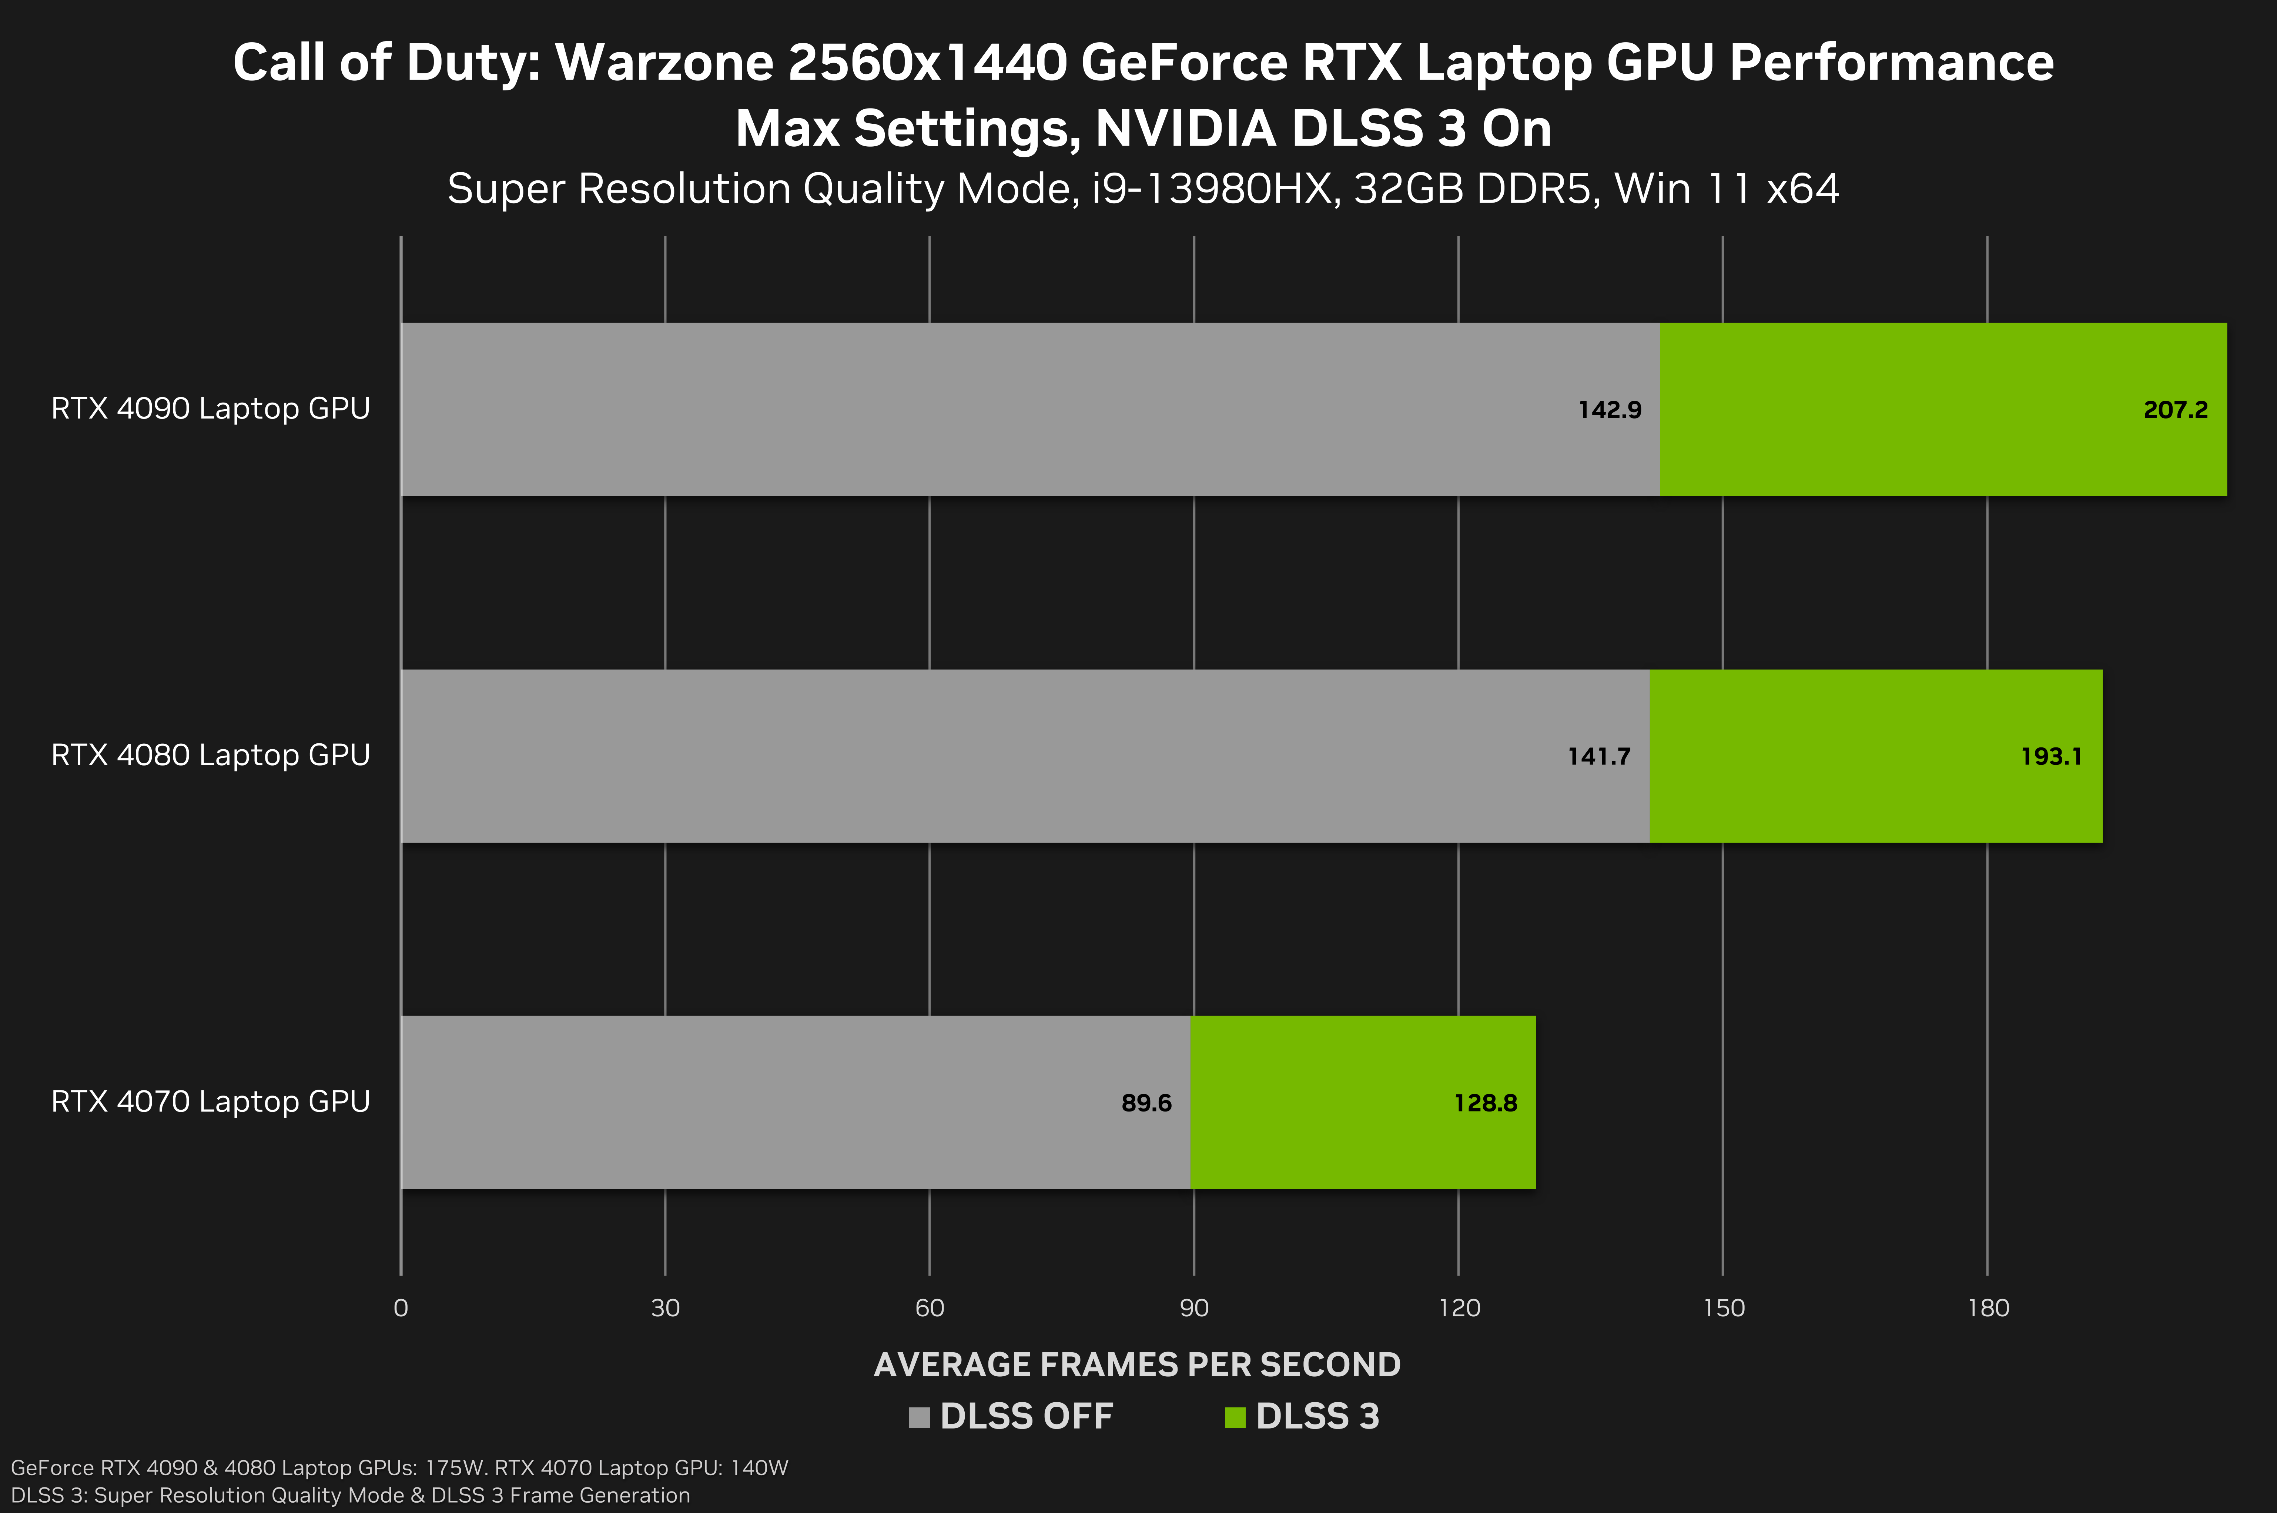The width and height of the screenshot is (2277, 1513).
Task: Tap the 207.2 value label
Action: click(x=2175, y=410)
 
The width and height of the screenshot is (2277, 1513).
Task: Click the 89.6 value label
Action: click(x=1146, y=1103)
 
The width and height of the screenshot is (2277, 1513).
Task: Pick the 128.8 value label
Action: click(x=1485, y=1103)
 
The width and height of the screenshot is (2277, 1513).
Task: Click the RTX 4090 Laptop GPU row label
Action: click(x=210, y=408)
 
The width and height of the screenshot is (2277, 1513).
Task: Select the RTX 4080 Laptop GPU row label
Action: click(x=210, y=754)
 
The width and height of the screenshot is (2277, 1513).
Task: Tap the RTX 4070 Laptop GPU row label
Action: click(x=210, y=1101)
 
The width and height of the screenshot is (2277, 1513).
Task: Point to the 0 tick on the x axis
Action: click(x=401, y=1309)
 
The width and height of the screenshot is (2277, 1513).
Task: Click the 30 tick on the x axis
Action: click(x=666, y=1309)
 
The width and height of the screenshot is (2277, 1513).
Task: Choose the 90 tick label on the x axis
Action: click(x=1194, y=1309)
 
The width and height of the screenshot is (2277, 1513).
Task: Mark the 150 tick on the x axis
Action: click(x=1724, y=1309)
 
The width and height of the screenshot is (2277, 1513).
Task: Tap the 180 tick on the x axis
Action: click(x=1988, y=1309)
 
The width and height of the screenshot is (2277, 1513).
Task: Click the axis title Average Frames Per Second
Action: click(x=1137, y=1364)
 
